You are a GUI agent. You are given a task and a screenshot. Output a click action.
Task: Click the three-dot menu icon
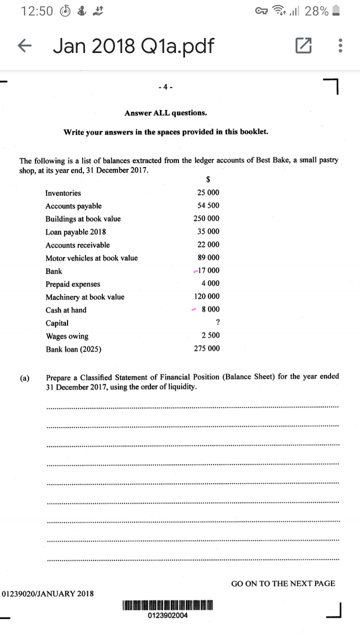click(340, 46)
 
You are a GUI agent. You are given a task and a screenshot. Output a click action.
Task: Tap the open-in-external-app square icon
click(303, 46)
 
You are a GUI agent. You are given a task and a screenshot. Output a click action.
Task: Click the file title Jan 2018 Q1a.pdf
click(133, 46)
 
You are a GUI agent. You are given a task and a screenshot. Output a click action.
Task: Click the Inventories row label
click(63, 193)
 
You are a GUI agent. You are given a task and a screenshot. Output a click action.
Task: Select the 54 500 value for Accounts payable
click(208, 205)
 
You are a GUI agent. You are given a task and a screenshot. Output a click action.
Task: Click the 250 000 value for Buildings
click(206, 218)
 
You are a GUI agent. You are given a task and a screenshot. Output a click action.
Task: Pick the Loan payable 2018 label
click(75, 232)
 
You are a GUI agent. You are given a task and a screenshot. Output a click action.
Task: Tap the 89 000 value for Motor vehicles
click(208, 257)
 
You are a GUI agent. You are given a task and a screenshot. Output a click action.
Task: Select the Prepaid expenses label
click(72, 284)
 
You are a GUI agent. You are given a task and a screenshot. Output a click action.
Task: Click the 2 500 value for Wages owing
click(210, 335)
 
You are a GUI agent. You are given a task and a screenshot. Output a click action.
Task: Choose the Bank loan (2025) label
click(73, 349)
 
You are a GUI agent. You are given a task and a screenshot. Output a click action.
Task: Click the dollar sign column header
click(208, 179)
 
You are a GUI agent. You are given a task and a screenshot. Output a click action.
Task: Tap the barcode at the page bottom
click(167, 605)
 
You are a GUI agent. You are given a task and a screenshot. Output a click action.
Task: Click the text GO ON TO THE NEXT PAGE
click(283, 583)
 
